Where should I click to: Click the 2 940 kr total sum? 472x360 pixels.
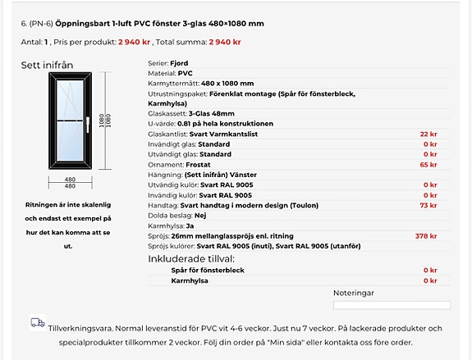[x=225, y=41]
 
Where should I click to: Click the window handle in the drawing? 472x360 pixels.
[x=85, y=125]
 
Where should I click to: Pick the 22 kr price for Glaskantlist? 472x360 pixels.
[x=428, y=134]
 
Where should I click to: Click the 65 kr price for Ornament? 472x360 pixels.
[x=428, y=164]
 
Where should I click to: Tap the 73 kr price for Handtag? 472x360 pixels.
[x=428, y=205]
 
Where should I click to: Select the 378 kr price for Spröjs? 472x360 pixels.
[x=425, y=235]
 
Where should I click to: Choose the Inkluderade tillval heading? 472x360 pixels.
[x=192, y=258]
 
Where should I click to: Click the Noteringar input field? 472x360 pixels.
[x=392, y=305]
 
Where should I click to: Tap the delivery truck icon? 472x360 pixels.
[x=38, y=323]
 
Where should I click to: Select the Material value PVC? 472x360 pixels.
[x=185, y=72]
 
